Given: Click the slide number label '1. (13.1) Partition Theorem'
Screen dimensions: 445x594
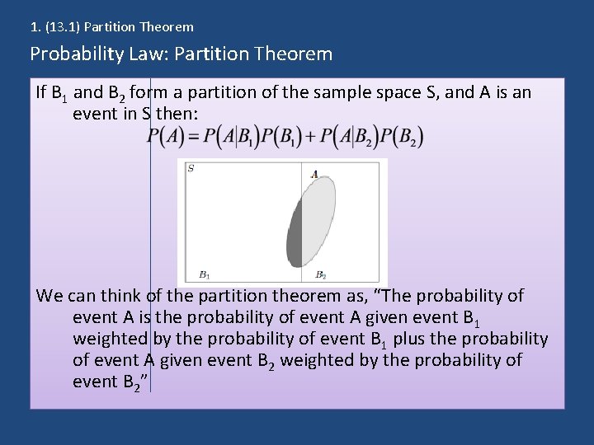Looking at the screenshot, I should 111,27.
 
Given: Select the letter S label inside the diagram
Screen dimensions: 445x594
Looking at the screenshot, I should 191,169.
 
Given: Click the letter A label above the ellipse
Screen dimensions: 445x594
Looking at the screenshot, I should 314,174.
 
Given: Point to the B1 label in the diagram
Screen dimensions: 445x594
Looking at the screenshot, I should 204,275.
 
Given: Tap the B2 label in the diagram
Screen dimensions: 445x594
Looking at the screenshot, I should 321,275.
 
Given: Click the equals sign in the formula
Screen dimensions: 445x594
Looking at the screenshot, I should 195,137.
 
